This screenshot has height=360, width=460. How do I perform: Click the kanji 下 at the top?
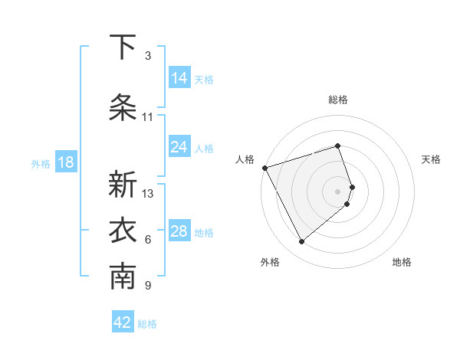(123, 47)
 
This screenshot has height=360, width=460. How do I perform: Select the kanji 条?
(123, 108)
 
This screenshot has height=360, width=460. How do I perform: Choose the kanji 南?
(123, 278)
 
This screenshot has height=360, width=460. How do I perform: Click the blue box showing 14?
(179, 78)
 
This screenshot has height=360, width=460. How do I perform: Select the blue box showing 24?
(179, 147)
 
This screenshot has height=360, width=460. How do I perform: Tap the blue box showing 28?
(179, 231)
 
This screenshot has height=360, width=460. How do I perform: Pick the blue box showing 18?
(65, 162)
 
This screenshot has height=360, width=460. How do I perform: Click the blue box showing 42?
(123, 322)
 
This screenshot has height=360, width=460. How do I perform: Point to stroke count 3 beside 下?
(148, 56)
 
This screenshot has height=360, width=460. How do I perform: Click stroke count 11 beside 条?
(148, 117)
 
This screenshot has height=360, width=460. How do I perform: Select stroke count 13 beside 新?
(148, 194)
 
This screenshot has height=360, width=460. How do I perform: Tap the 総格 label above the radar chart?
(338, 100)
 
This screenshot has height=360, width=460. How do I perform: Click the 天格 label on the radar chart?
(432, 159)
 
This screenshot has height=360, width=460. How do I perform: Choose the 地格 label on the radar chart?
(402, 262)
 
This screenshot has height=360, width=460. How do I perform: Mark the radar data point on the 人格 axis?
(264, 167)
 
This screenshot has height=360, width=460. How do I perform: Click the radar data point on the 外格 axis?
(301, 241)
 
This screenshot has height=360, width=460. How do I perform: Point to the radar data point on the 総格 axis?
(338, 146)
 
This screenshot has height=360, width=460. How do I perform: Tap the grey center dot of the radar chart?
(338, 191)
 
